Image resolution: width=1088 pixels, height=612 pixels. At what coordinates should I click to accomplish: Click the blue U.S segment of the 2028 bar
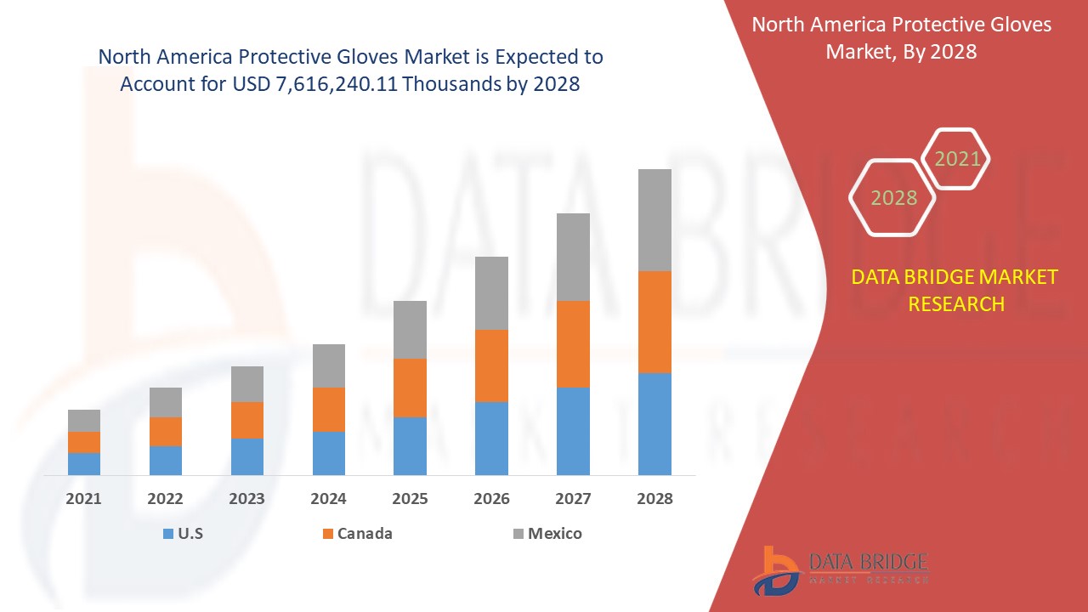[x=654, y=423]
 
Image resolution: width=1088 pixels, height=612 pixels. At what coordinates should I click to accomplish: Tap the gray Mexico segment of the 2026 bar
[x=491, y=292]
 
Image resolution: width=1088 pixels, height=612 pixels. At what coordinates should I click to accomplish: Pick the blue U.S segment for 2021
[x=84, y=463]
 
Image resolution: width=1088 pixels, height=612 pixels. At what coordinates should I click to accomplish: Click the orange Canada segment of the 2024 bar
[x=329, y=409]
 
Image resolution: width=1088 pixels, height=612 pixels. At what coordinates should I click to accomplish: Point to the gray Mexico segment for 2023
[x=247, y=383]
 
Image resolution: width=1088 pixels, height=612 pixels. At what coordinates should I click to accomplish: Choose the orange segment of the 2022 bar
[x=166, y=431]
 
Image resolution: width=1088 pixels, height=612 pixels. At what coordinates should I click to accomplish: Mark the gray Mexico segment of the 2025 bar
[x=410, y=329]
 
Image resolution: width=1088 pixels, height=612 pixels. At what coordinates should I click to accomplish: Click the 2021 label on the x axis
[x=84, y=499]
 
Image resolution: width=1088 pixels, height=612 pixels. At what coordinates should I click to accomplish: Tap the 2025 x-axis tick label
[x=410, y=499]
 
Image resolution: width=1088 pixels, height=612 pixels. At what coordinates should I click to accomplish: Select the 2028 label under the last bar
[x=654, y=499]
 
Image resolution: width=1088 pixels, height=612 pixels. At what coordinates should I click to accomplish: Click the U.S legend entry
[x=182, y=534]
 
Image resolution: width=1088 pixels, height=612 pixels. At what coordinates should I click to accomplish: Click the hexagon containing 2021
[x=956, y=159]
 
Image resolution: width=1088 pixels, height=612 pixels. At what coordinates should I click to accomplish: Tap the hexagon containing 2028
[x=893, y=197]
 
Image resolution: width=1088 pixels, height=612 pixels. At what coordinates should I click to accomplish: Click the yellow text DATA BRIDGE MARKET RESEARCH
[x=955, y=290]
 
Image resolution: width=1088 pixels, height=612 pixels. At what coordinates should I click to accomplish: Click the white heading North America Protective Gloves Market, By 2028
[x=901, y=37]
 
